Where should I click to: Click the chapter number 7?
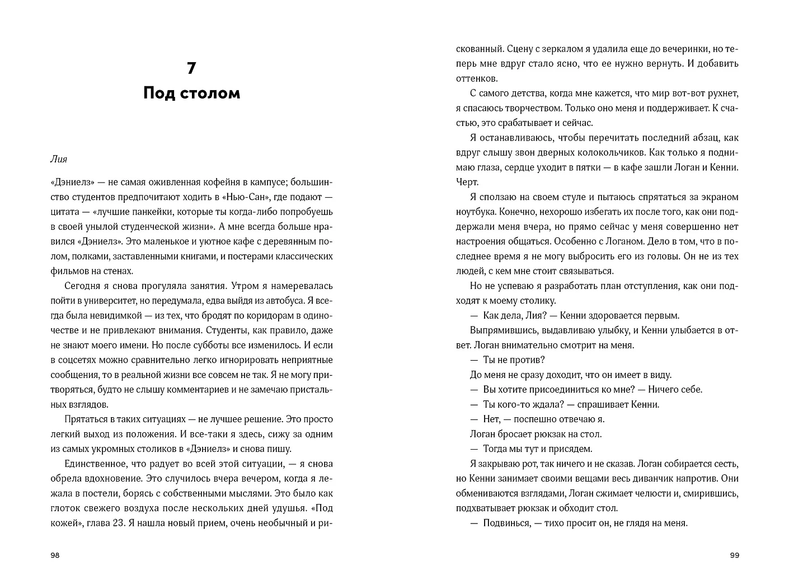click(x=191, y=68)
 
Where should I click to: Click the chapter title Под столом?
click(x=191, y=92)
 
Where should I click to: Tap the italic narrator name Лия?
click(x=58, y=159)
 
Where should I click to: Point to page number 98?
click(x=55, y=556)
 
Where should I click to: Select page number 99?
click(x=735, y=556)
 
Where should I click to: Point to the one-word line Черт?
click(x=467, y=182)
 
